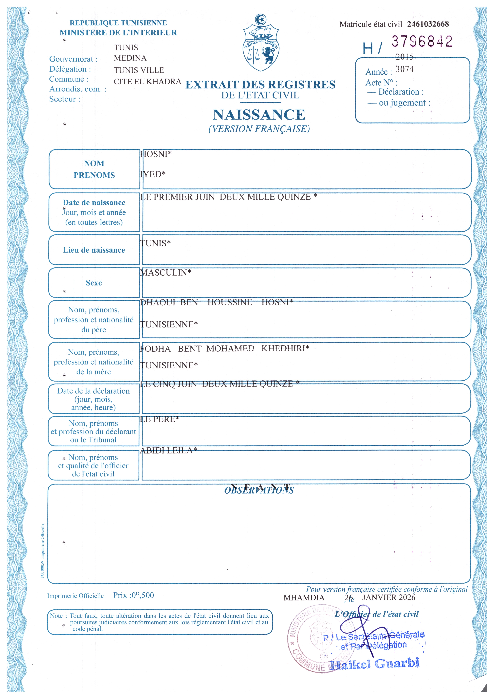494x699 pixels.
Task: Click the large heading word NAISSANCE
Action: click(259, 115)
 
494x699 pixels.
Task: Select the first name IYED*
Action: click(153, 174)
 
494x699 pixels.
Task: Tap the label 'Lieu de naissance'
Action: click(94, 250)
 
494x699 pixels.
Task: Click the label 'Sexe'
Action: click(94, 283)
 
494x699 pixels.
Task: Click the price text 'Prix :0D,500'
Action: click(134, 595)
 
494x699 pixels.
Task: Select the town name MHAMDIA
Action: click(304, 598)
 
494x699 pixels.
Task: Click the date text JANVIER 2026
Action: click(388, 597)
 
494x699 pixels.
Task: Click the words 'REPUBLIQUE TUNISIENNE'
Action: click(118, 23)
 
